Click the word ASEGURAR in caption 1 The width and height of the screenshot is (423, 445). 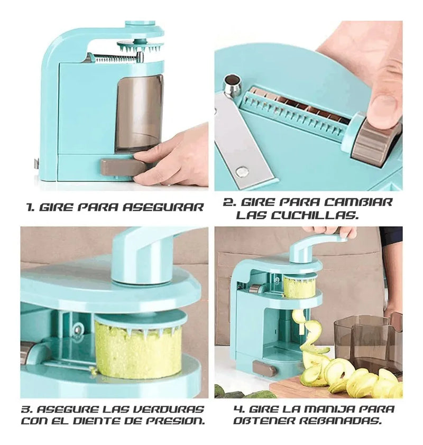click(163, 208)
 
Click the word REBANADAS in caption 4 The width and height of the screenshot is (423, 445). click(340, 421)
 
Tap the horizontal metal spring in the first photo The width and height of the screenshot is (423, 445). click(117, 58)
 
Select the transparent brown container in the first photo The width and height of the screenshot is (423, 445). click(139, 114)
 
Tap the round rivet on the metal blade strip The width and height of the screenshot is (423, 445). click(242, 171)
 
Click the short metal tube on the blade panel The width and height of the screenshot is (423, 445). click(232, 84)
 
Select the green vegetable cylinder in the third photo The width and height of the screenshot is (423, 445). click(138, 349)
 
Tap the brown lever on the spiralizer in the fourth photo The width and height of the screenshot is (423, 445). click(264, 368)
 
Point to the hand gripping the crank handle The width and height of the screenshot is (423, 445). click(332, 231)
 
